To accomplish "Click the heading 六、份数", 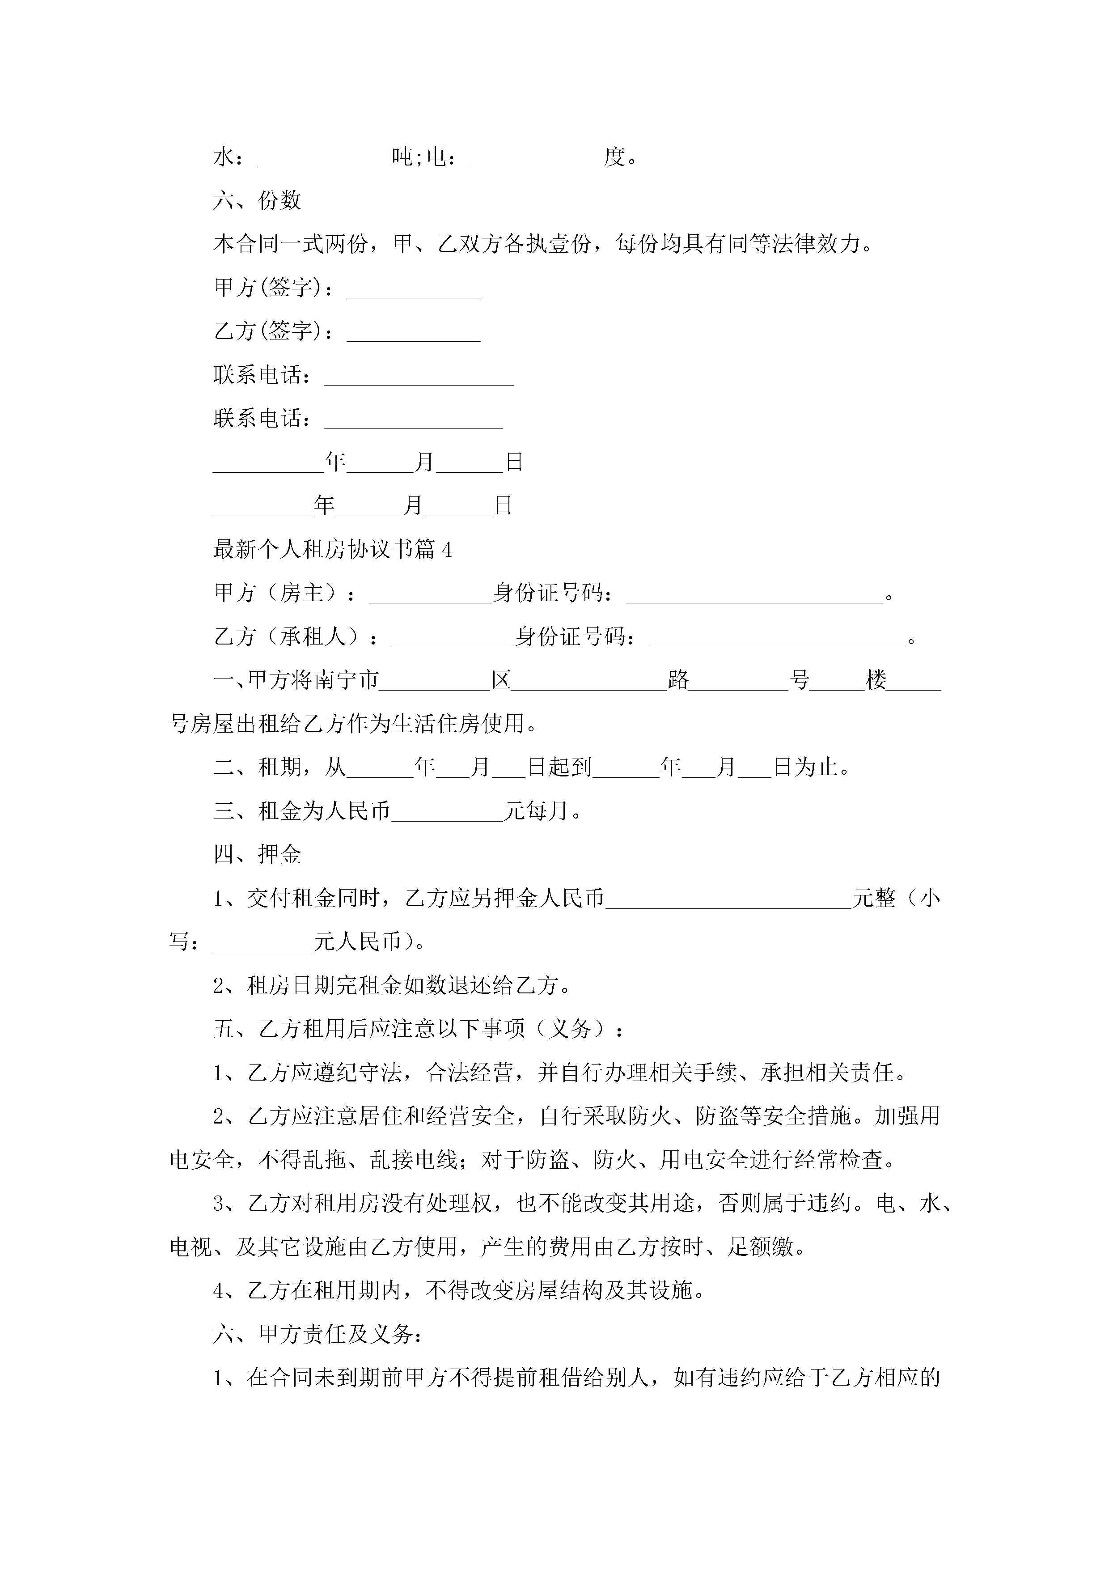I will [257, 200].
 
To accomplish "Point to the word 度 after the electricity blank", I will [614, 157].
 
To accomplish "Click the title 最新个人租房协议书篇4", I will [332, 549].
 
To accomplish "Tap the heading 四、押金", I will [257, 854].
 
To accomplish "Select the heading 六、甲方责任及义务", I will [318, 1334].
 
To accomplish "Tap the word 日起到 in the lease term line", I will [559, 768].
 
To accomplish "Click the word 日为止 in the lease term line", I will [805, 768].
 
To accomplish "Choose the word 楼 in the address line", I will [876, 680].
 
